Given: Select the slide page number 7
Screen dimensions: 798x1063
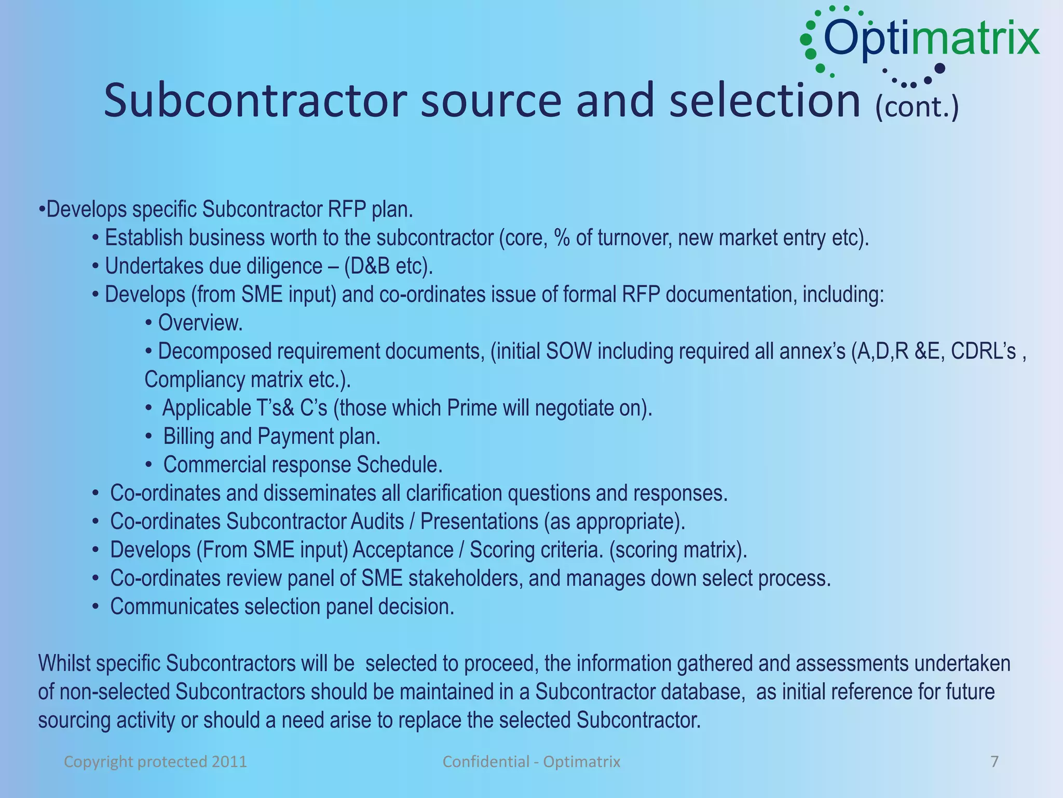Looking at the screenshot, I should [994, 762].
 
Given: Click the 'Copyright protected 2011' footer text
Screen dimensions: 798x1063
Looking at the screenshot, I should [155, 762].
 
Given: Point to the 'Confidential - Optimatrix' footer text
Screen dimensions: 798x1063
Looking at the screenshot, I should [531, 762].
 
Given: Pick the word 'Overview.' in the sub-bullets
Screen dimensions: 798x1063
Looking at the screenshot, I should [200, 323].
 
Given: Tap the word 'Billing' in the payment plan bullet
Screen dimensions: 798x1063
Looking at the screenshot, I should [189, 436].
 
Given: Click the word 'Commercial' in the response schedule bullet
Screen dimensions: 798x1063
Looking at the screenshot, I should [214, 465].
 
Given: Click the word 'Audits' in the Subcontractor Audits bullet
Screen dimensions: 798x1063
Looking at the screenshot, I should [377, 522].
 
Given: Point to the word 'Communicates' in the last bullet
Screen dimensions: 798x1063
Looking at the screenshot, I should [174, 607].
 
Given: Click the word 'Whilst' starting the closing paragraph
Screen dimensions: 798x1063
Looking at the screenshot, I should [64, 663].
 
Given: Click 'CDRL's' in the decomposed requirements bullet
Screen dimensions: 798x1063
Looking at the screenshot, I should [983, 352].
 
